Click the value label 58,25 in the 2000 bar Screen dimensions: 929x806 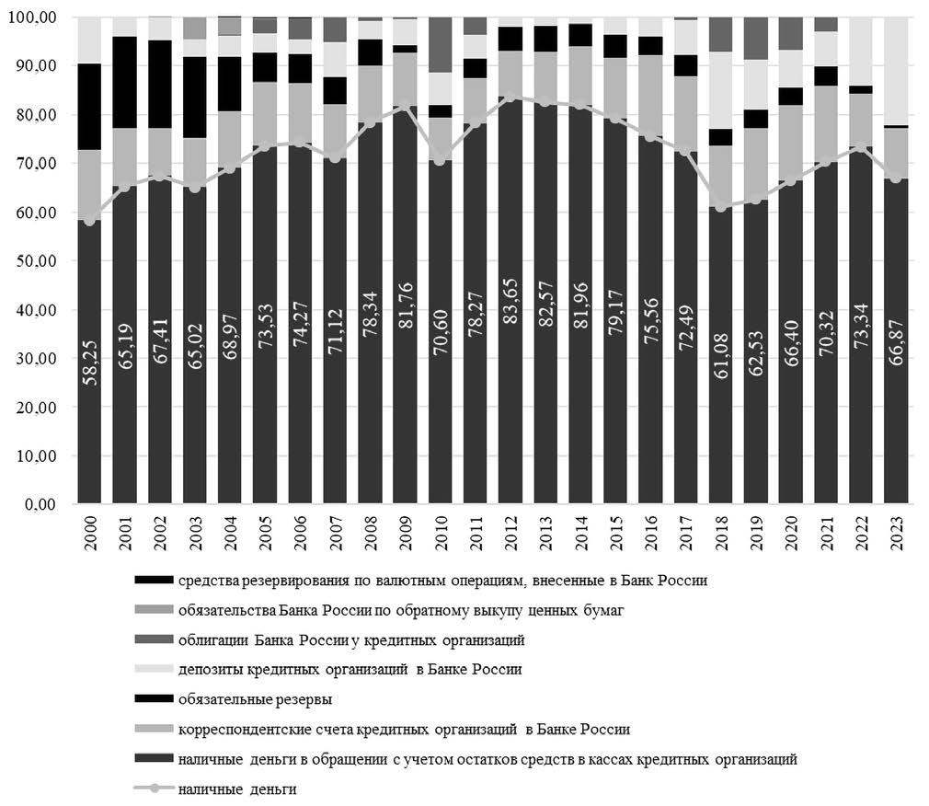click(x=90, y=363)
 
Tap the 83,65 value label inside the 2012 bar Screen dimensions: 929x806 click(x=510, y=301)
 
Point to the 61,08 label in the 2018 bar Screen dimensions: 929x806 click(x=722, y=355)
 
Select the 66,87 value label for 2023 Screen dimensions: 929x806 click(x=897, y=342)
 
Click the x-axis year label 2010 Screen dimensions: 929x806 click(x=442, y=534)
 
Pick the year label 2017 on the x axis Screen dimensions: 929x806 click(x=687, y=534)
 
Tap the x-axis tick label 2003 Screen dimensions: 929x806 click(x=196, y=534)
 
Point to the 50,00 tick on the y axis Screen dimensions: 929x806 click(x=36, y=260)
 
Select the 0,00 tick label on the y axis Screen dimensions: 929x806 click(x=40, y=504)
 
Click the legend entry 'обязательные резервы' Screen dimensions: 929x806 click(x=256, y=699)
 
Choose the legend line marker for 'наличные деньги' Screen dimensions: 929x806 click(x=154, y=789)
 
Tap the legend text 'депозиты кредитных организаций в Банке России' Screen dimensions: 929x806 click(x=350, y=670)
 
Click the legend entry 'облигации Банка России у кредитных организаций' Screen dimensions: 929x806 click(x=351, y=640)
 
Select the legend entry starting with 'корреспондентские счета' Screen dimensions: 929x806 click(x=404, y=729)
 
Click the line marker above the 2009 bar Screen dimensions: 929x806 click(x=406, y=106)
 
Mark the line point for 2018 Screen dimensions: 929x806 click(x=721, y=207)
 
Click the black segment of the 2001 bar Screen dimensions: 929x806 click(x=125, y=83)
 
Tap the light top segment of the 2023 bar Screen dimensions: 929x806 click(x=896, y=71)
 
